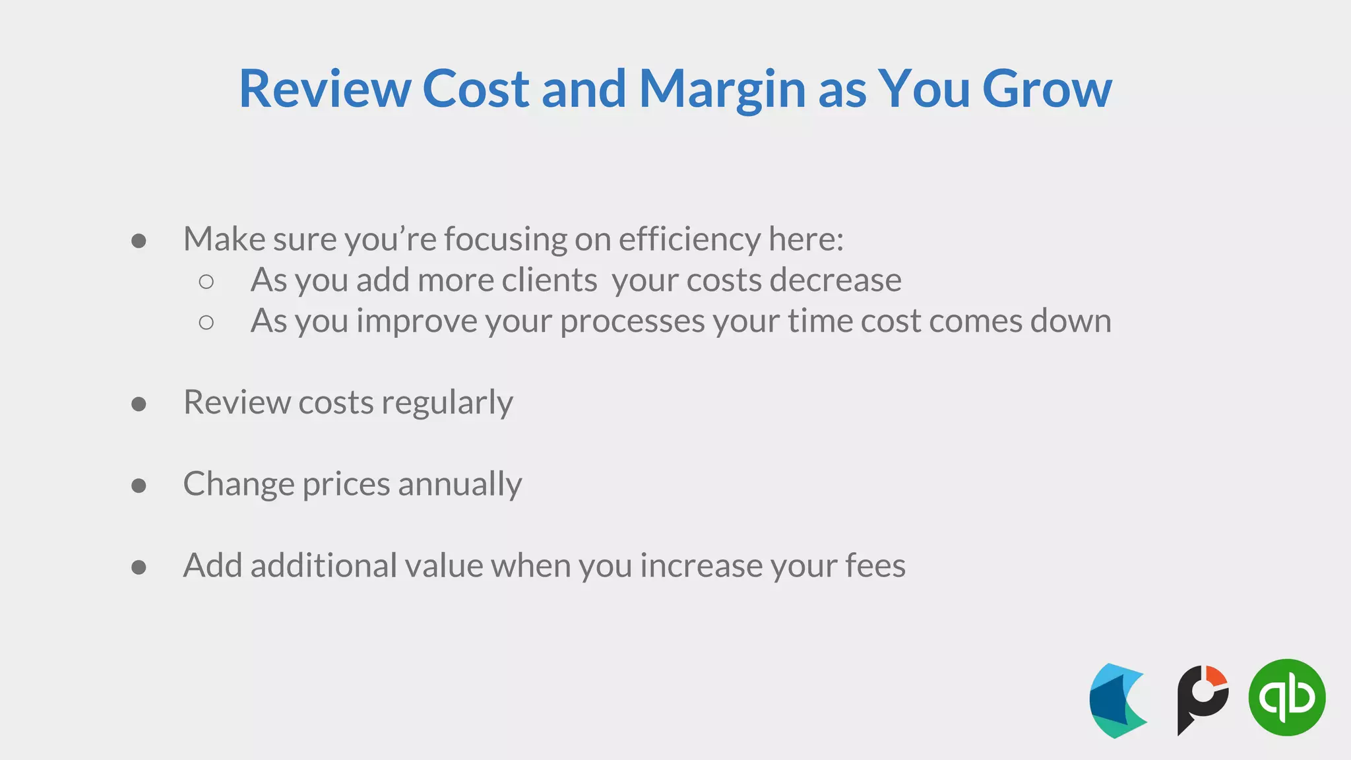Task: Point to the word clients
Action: click(550, 280)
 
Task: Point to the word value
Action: click(444, 565)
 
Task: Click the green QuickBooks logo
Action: click(1286, 697)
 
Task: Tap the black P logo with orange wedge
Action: click(1202, 699)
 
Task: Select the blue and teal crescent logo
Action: click(1118, 701)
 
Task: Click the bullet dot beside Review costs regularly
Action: click(139, 404)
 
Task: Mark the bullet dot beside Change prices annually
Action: click(139, 486)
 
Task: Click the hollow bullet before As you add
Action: click(206, 282)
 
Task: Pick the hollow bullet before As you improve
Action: click(206, 323)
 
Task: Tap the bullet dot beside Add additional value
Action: click(139, 567)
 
